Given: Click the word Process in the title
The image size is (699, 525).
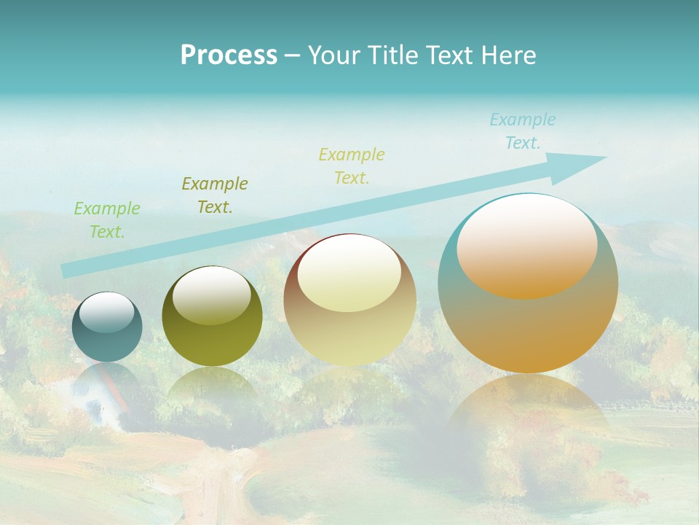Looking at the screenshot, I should click(x=229, y=55).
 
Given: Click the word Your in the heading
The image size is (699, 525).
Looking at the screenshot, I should click(x=334, y=55).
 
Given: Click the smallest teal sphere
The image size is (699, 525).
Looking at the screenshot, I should click(x=107, y=327).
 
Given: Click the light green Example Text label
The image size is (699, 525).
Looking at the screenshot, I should click(x=107, y=220).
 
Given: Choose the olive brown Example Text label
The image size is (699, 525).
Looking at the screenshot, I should click(x=215, y=195).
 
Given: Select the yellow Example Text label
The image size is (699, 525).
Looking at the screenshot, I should click(x=352, y=166).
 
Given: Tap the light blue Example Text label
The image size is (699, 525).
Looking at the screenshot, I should click(x=523, y=131).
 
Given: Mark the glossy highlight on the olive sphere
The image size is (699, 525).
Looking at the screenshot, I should click(x=212, y=295).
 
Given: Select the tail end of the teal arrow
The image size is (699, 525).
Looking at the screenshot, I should click(x=67, y=271).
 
